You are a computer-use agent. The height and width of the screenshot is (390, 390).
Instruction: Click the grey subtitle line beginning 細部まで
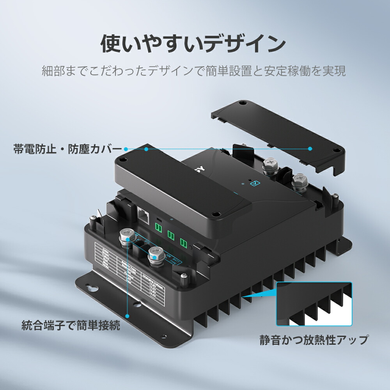pyautogui.click(x=194, y=71)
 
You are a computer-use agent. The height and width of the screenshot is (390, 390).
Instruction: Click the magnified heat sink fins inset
pyautogui.click(x=314, y=304)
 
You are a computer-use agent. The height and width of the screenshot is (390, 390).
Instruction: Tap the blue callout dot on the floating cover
pyautogui.click(x=310, y=149)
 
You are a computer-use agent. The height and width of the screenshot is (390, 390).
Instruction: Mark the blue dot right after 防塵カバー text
pyautogui.click(x=126, y=149)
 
